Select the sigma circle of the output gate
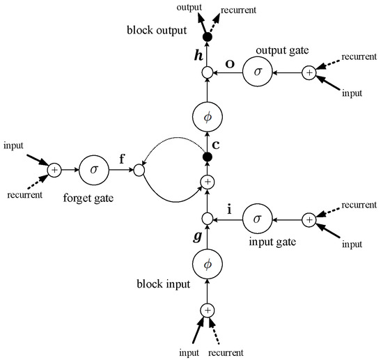tap(258, 72)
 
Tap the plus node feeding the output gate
tap(308, 72)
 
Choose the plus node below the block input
tap(207, 311)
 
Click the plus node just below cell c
tap(207, 182)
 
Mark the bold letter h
tap(197, 54)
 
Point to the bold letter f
tap(121, 158)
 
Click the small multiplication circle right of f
tap(139, 169)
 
